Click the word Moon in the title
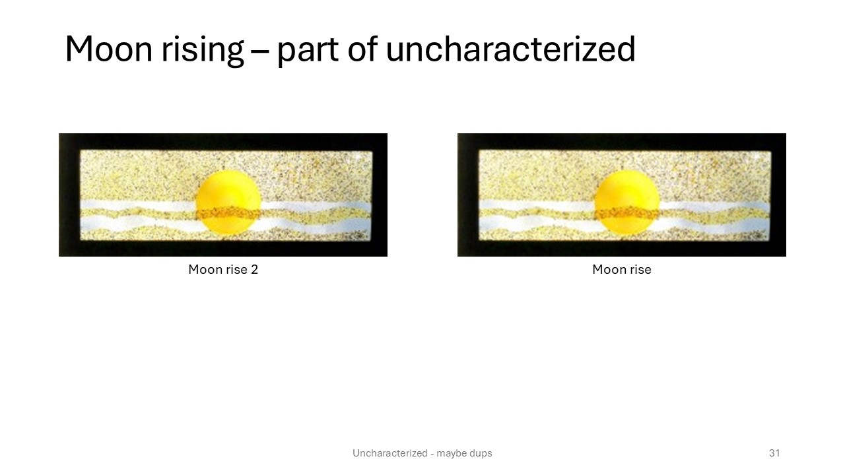point(109,49)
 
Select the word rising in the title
point(202,51)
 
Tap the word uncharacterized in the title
point(511,49)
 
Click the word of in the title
point(362,49)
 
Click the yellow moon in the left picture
point(228,202)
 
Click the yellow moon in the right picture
point(627,202)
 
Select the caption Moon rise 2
point(223,270)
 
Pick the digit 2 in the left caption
point(254,270)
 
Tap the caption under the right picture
point(622,270)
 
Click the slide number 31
point(774,453)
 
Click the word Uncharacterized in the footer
point(390,453)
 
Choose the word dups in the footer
point(479,453)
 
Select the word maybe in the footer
point(450,453)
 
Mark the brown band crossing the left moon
point(228,214)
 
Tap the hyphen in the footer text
point(432,453)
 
